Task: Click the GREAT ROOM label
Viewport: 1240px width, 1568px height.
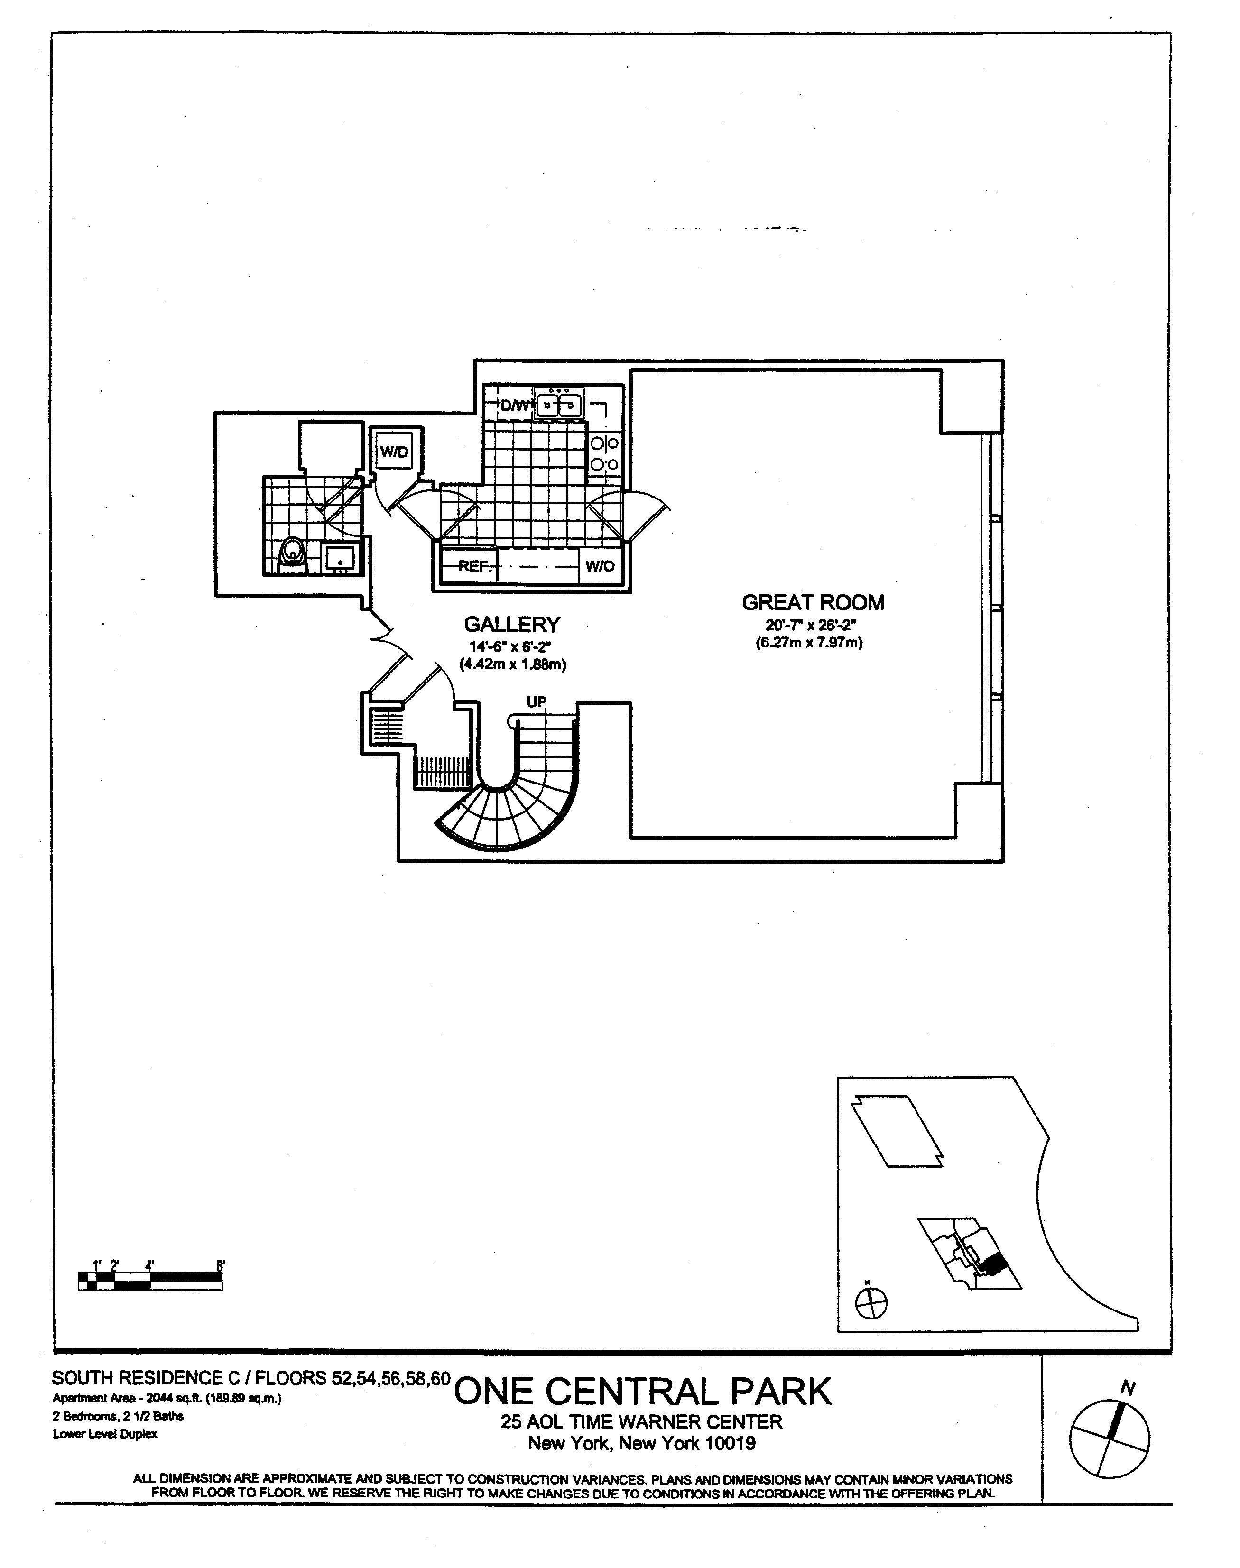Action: coord(813,602)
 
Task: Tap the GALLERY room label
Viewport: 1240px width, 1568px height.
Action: coord(512,624)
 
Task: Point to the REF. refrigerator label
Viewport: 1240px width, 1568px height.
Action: coord(475,566)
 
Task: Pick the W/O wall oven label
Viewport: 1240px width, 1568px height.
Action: coord(600,566)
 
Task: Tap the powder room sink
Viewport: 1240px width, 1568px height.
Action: coord(340,558)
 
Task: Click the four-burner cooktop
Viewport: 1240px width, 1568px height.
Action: coord(605,452)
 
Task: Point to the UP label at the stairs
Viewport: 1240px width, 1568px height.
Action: coord(537,702)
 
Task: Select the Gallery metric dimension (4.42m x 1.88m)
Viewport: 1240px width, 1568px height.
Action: coord(512,664)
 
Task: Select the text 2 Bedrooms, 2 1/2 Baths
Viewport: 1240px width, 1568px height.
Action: coord(118,1416)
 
